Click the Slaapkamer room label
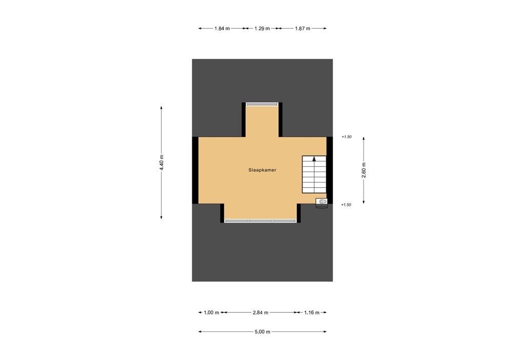coord(262,170)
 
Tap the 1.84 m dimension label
coord(222,29)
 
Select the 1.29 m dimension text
coord(262,29)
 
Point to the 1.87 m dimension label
coord(302,29)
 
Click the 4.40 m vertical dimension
coord(161,163)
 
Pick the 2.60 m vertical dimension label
coord(364,170)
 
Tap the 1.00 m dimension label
coord(211,312)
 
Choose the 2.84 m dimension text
coord(260,312)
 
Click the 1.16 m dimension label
coord(311,312)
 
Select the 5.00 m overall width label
coord(262,332)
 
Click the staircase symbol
coord(314,174)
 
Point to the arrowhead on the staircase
coord(314,159)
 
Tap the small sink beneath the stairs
coord(322,202)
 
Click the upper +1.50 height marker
coord(347,137)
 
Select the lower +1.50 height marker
coord(347,205)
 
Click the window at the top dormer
coord(262,104)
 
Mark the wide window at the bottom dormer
coord(260,221)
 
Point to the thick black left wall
coord(195,170)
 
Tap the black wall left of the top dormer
coord(244,119)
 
